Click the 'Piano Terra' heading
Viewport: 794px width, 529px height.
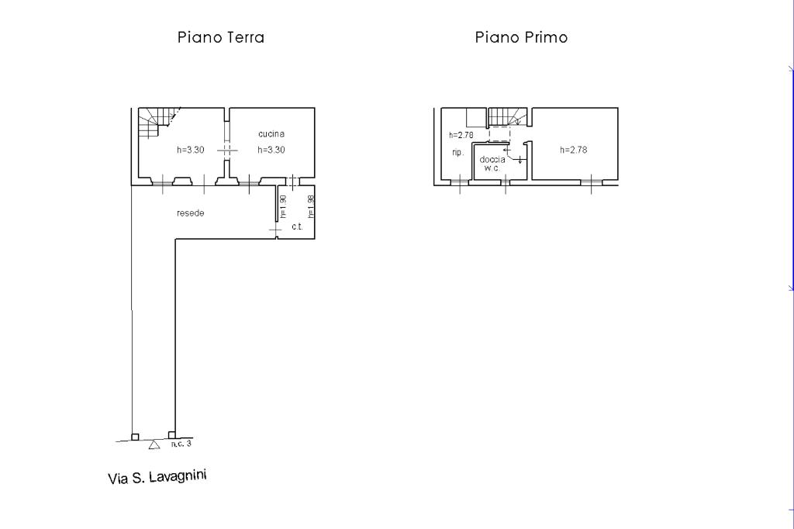coord(221,37)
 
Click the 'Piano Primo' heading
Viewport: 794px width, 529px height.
coord(521,37)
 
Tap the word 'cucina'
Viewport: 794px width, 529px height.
coord(271,133)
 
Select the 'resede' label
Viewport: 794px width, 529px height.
coord(191,213)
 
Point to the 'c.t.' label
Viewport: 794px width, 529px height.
coord(297,226)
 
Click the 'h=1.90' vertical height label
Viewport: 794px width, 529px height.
coord(283,207)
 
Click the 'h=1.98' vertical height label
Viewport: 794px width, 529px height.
coord(311,207)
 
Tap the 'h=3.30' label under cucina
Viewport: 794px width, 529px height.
coord(271,150)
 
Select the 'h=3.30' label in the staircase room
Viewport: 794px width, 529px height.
coord(191,150)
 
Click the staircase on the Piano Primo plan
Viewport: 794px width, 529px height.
coord(507,116)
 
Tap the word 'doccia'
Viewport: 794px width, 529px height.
coord(492,160)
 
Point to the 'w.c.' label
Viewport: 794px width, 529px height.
coord(492,168)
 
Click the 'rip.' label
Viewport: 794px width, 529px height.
coord(457,152)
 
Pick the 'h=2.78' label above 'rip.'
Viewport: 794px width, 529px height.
coord(461,135)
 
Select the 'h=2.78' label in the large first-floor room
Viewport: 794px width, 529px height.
coord(574,150)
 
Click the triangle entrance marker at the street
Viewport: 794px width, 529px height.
coord(154,444)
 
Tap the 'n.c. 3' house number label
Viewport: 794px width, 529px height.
coord(181,444)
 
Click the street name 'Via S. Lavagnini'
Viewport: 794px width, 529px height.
coord(157,477)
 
